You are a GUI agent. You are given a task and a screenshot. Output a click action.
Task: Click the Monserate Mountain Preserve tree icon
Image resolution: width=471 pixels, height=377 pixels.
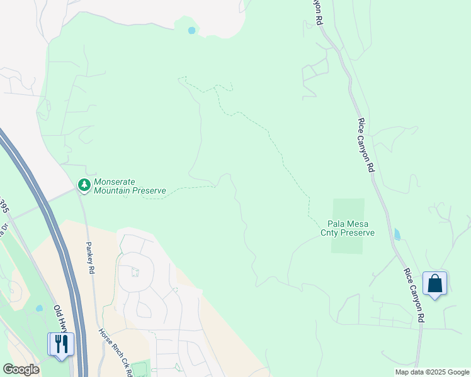[x=84, y=185]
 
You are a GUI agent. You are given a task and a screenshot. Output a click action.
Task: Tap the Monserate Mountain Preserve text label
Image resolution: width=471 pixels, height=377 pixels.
[x=129, y=185]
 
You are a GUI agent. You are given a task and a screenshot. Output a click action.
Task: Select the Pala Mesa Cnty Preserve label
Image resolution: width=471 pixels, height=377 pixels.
[x=351, y=228]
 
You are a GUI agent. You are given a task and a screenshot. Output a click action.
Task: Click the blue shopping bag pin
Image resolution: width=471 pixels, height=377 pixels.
[x=434, y=283]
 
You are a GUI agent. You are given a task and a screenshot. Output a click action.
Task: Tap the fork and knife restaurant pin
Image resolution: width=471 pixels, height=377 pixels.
[x=61, y=344]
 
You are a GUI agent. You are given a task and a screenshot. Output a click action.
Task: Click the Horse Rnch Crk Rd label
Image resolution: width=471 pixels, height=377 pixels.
[x=115, y=352]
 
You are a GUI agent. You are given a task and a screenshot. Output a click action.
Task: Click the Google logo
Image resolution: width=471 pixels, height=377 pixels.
[x=20, y=369]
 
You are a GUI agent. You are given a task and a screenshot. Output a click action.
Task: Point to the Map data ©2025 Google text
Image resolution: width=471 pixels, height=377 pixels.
[x=432, y=372]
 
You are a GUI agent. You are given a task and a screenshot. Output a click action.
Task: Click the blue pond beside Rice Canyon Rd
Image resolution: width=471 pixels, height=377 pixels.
[x=397, y=235]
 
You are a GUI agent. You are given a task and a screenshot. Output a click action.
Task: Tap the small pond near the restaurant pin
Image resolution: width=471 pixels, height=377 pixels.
[x=39, y=309]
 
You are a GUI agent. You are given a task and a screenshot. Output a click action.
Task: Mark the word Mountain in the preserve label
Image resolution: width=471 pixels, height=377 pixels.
[x=112, y=190]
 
